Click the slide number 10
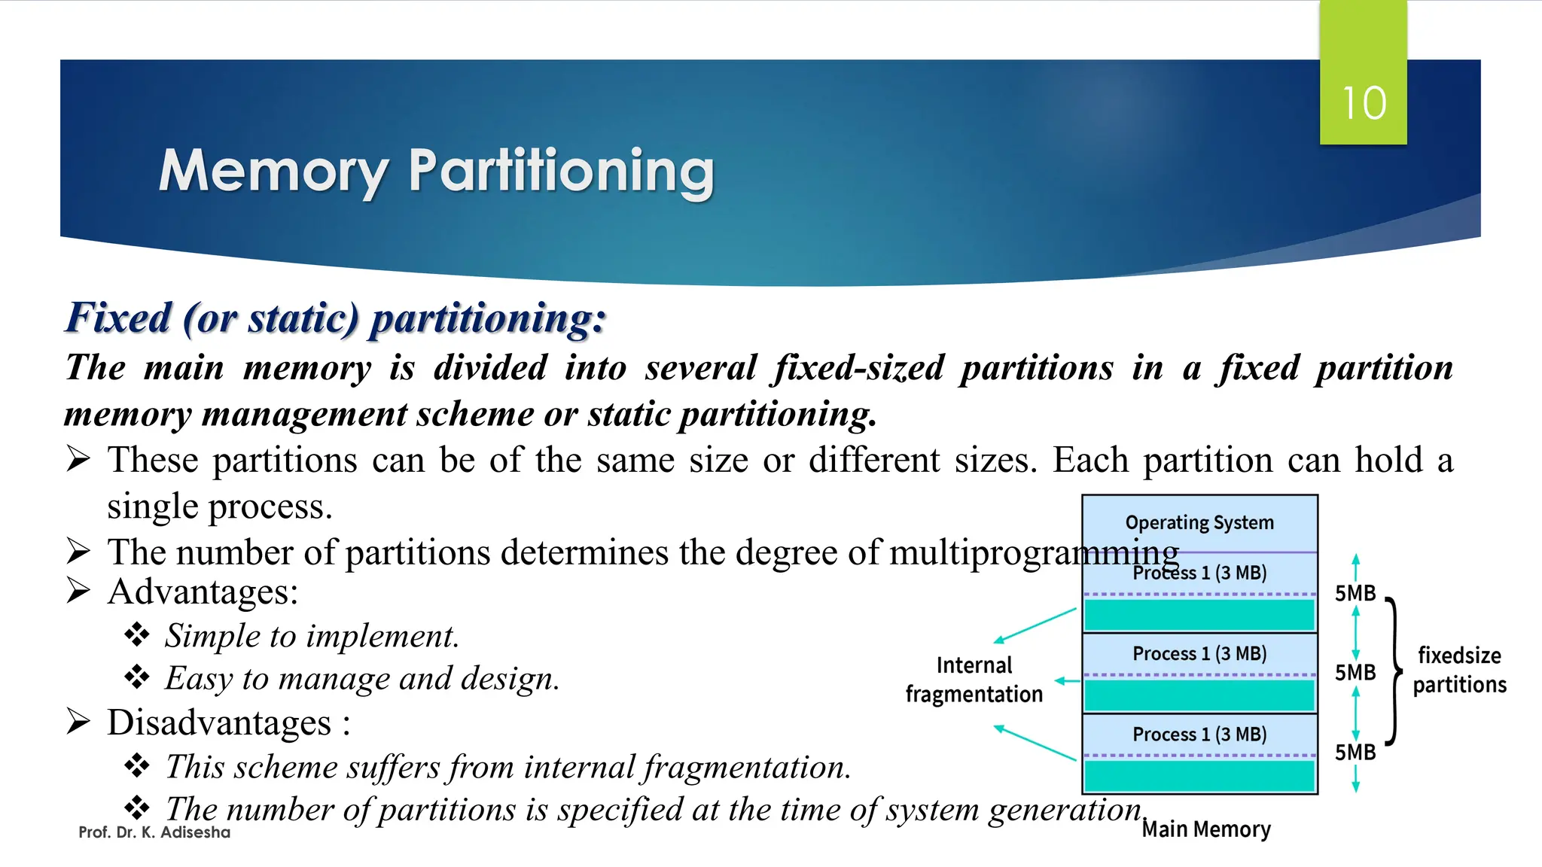pyautogui.click(x=1364, y=103)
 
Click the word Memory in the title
pyautogui.click(x=273, y=172)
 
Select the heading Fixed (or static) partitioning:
pyautogui.click(x=336, y=318)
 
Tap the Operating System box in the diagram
pyautogui.click(x=1199, y=522)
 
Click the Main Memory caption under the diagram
pyautogui.click(x=1206, y=829)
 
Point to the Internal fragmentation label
pyautogui.click(x=974, y=680)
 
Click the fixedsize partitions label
pyautogui.click(x=1459, y=670)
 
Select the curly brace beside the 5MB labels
pyautogui.click(x=1394, y=671)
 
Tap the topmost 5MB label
pyautogui.click(x=1355, y=593)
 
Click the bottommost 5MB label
pyautogui.click(x=1355, y=753)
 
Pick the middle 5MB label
pyautogui.click(x=1355, y=672)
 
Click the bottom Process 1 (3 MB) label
pyautogui.click(x=1199, y=734)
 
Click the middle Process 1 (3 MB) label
pyautogui.click(x=1199, y=653)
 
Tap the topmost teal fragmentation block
pyautogui.click(x=1199, y=615)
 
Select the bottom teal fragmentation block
pyautogui.click(x=1199, y=776)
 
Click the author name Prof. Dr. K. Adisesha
pyautogui.click(x=154, y=832)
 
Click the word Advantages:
pyautogui.click(x=203, y=592)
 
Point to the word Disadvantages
pyautogui.click(x=219, y=722)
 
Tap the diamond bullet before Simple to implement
pyautogui.click(x=137, y=634)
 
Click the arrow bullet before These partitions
pyautogui.click(x=78, y=458)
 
